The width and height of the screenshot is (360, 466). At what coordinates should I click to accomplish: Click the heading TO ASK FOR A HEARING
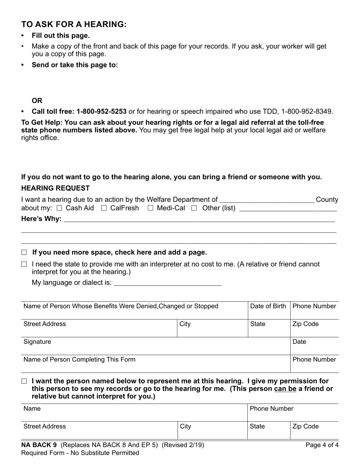coord(74,24)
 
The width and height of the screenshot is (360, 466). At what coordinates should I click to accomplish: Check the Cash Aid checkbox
coord(59,208)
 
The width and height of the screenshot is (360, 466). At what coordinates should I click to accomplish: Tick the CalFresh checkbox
coord(104,208)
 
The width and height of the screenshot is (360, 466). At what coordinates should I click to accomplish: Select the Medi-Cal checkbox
coord(150,208)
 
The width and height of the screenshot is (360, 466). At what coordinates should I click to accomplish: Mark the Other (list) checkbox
coord(194,208)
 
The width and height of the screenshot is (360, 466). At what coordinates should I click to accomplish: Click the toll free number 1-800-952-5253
coord(101,111)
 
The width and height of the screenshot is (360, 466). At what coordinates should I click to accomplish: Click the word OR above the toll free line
coord(37,101)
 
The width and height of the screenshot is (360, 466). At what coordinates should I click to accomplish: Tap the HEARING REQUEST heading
coord(55,188)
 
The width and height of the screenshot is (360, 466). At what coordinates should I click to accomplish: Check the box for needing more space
coord(24,253)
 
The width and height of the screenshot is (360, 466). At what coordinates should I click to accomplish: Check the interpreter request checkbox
coord(24,264)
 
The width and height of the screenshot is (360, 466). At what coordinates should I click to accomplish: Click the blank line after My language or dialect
coord(167,283)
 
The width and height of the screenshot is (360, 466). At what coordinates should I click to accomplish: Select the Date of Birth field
coord(269,311)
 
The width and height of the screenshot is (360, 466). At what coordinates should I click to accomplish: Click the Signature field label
coord(37,342)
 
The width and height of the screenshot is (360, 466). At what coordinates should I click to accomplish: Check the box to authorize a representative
coord(24,382)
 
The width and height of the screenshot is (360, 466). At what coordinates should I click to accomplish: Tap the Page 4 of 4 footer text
coord(322,445)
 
